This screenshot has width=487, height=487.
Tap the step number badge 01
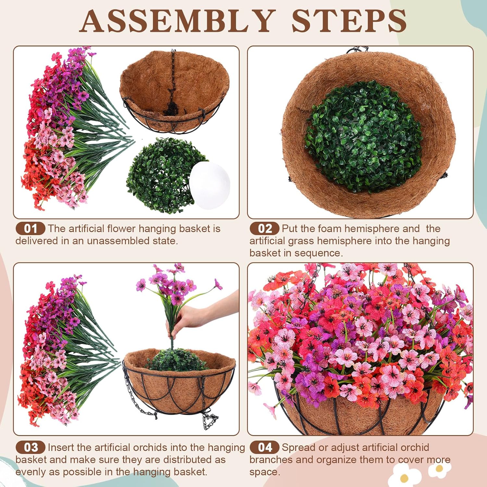click(x=31, y=229)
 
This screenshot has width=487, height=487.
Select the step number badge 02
click(x=265, y=229)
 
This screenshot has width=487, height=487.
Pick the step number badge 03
click(x=31, y=447)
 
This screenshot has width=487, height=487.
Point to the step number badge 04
click(x=265, y=447)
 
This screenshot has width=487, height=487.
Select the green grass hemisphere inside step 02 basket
click(x=362, y=136)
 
